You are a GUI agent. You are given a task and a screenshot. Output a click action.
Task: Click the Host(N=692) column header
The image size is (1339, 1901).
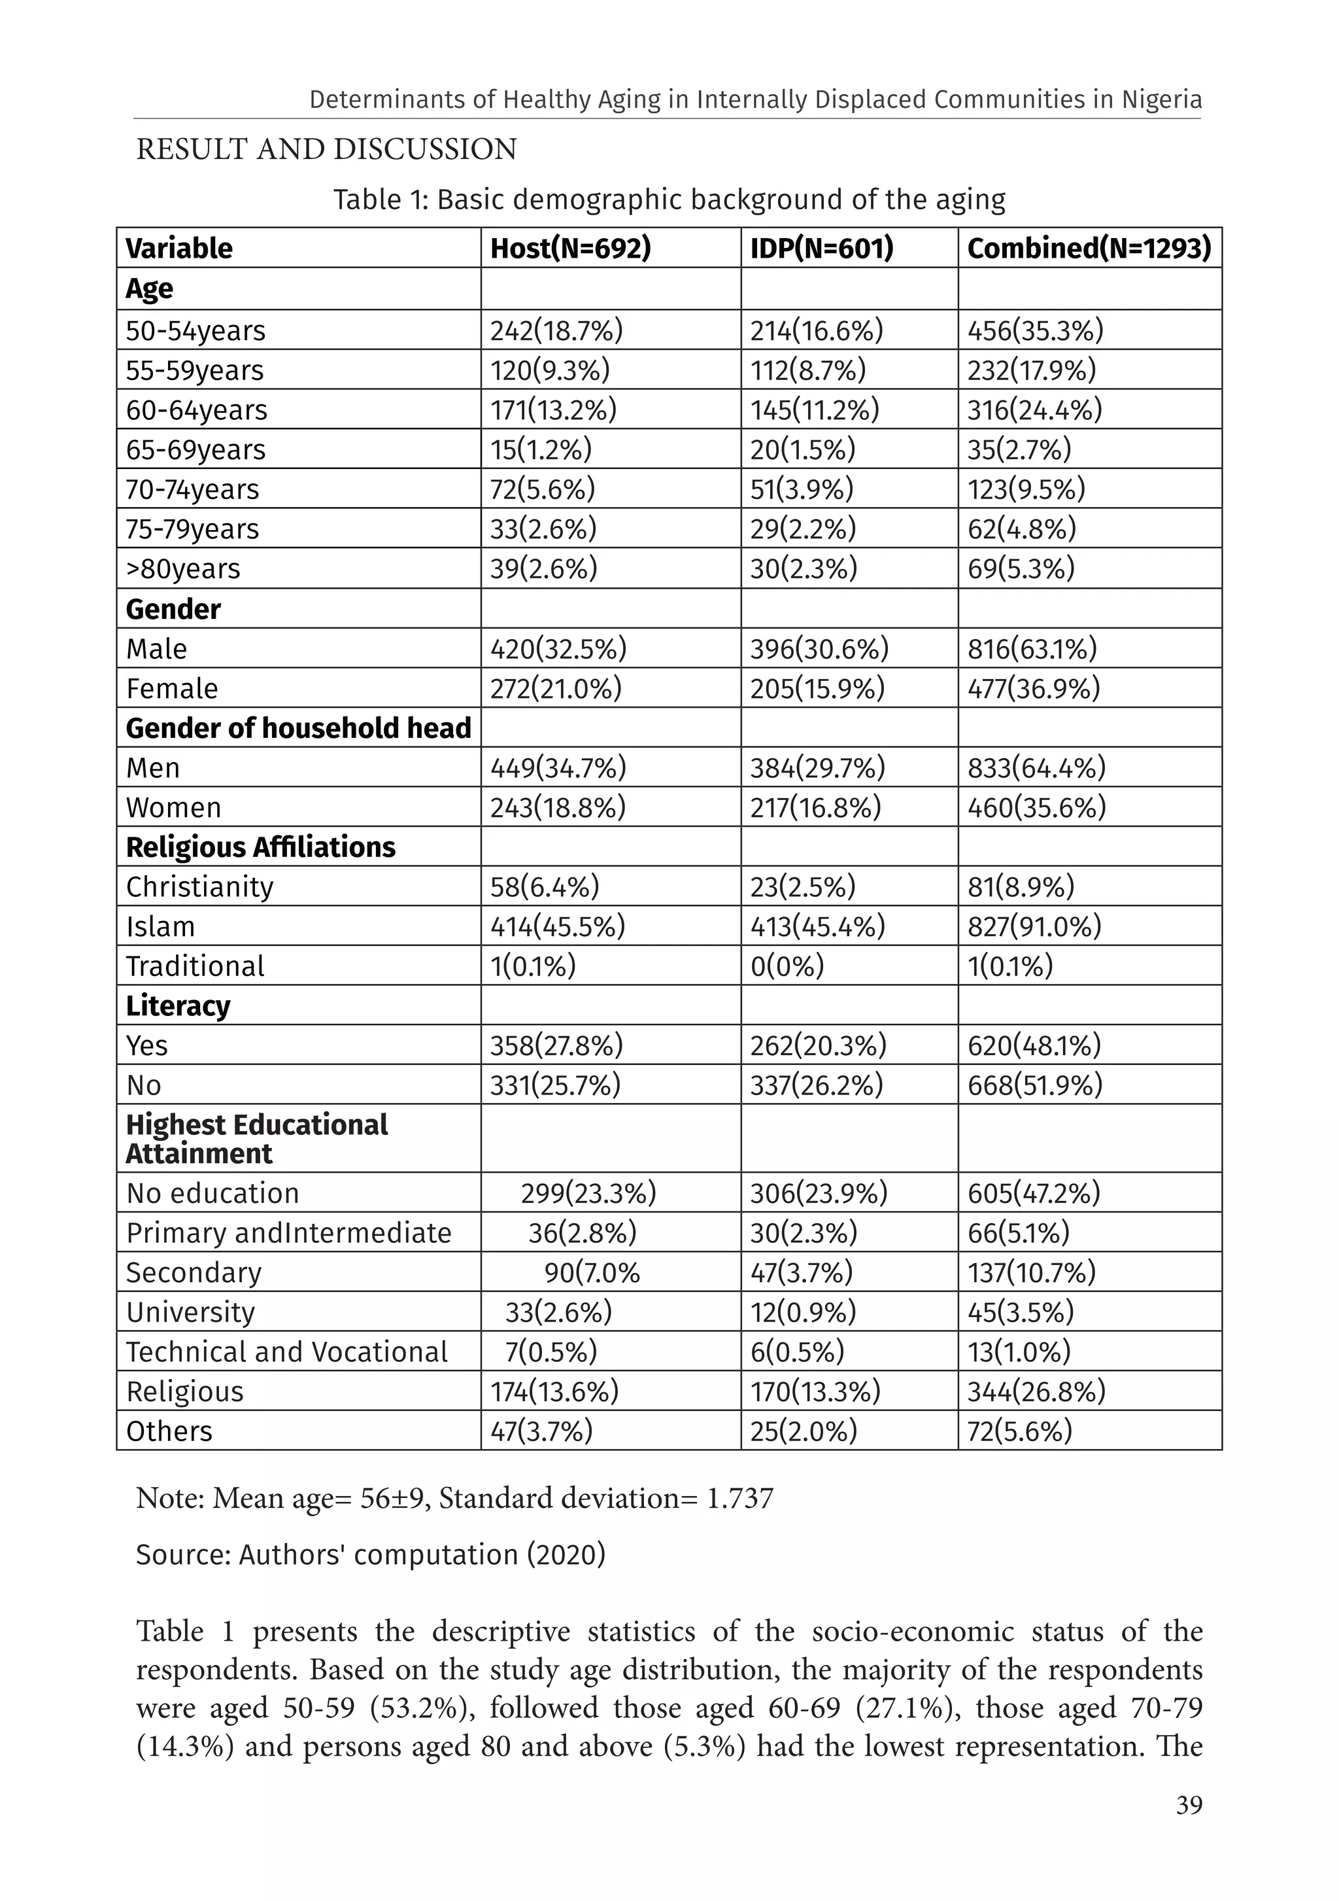[570, 249]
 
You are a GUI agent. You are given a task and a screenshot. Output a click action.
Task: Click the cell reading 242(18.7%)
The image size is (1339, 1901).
[556, 330]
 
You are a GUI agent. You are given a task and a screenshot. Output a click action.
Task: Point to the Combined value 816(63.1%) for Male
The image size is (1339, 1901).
[1032, 648]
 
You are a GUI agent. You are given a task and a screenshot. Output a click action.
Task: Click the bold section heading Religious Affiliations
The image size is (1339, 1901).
[261, 847]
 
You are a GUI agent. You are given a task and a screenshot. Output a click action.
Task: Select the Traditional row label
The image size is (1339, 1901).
[195, 966]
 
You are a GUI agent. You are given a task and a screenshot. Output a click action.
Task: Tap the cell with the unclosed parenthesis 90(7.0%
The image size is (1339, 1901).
[592, 1272]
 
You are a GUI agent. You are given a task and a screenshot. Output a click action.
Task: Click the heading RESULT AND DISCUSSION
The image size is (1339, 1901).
[326, 150]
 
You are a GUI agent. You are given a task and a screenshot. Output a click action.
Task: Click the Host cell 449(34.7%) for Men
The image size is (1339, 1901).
[558, 767]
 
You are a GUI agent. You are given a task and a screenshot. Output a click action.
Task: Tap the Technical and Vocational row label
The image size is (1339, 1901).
[286, 1352]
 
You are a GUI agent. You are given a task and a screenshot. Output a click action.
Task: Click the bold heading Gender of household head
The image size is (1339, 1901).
[298, 728]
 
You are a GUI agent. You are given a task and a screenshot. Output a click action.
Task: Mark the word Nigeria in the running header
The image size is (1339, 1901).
[1162, 100]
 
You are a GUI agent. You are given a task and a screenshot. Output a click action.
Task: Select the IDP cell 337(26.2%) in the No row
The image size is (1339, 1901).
[817, 1085]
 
